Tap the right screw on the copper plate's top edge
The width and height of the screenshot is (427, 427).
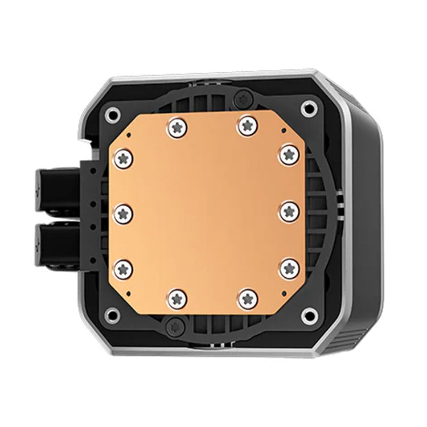click(x=247, y=125)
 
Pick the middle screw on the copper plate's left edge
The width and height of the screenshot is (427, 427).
click(x=124, y=213)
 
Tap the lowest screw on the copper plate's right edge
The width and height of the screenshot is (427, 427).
click(x=289, y=268)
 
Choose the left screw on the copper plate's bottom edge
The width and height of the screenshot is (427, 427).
click(x=178, y=297)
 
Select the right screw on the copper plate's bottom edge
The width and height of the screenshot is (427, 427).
click(x=247, y=297)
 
